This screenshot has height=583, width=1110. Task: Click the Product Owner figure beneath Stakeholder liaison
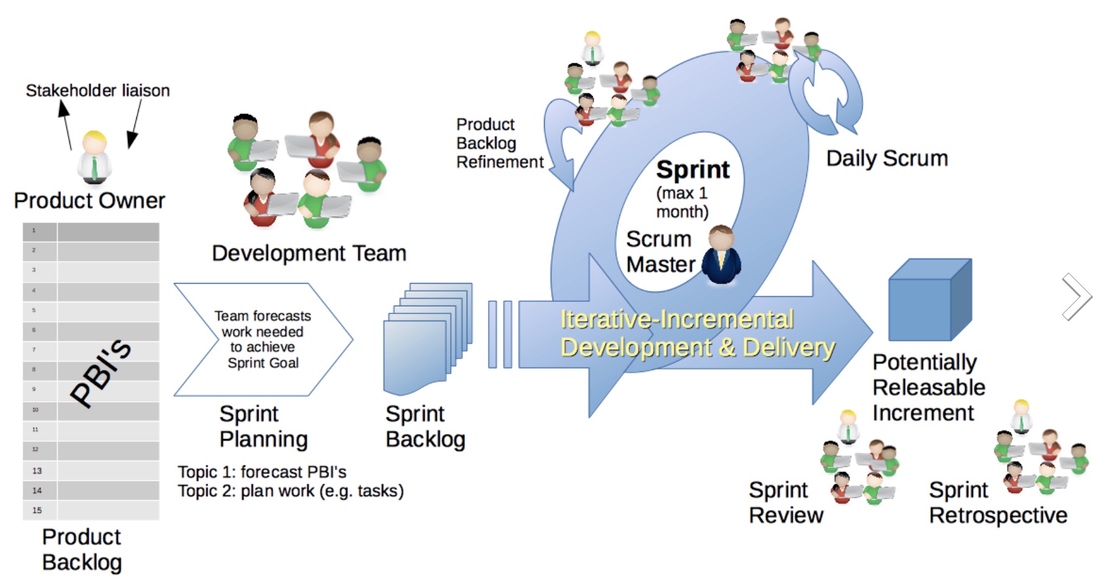pos(94,158)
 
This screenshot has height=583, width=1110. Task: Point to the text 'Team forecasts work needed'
pos(262,324)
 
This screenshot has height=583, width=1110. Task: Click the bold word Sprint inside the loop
pos(693,170)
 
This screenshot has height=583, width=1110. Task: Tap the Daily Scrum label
pos(887,158)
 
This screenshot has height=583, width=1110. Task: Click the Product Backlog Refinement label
pos(499,143)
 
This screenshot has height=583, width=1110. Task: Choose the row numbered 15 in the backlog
pos(91,510)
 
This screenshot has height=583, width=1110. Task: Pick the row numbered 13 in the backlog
pos(91,470)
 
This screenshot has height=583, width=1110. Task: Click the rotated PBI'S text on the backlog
pos(100,372)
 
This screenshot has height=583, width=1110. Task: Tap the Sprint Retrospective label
pos(997,503)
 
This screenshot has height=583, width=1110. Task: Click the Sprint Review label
pos(785,503)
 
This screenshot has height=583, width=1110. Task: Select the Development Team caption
pos(309,253)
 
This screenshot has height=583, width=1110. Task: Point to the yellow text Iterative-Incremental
pos(677,319)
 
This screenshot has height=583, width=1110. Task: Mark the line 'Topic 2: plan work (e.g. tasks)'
pos(290,491)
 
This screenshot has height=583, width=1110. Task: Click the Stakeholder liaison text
pos(97,91)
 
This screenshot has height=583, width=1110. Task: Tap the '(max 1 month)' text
pos(682,202)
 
